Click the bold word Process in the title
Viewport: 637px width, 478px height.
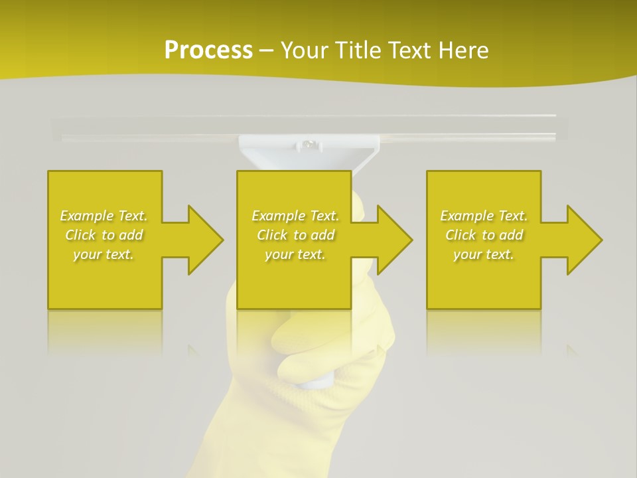click(208, 50)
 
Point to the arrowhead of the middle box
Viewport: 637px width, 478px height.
click(393, 240)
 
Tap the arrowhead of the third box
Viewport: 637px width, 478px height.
click(583, 240)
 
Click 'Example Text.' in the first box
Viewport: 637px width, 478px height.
click(104, 216)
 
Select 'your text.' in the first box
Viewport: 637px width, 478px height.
click(104, 254)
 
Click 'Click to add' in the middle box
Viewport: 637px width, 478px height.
click(295, 235)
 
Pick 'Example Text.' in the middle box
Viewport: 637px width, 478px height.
click(295, 216)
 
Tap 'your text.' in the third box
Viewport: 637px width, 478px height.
click(484, 254)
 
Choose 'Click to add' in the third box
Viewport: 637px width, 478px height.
click(484, 235)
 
